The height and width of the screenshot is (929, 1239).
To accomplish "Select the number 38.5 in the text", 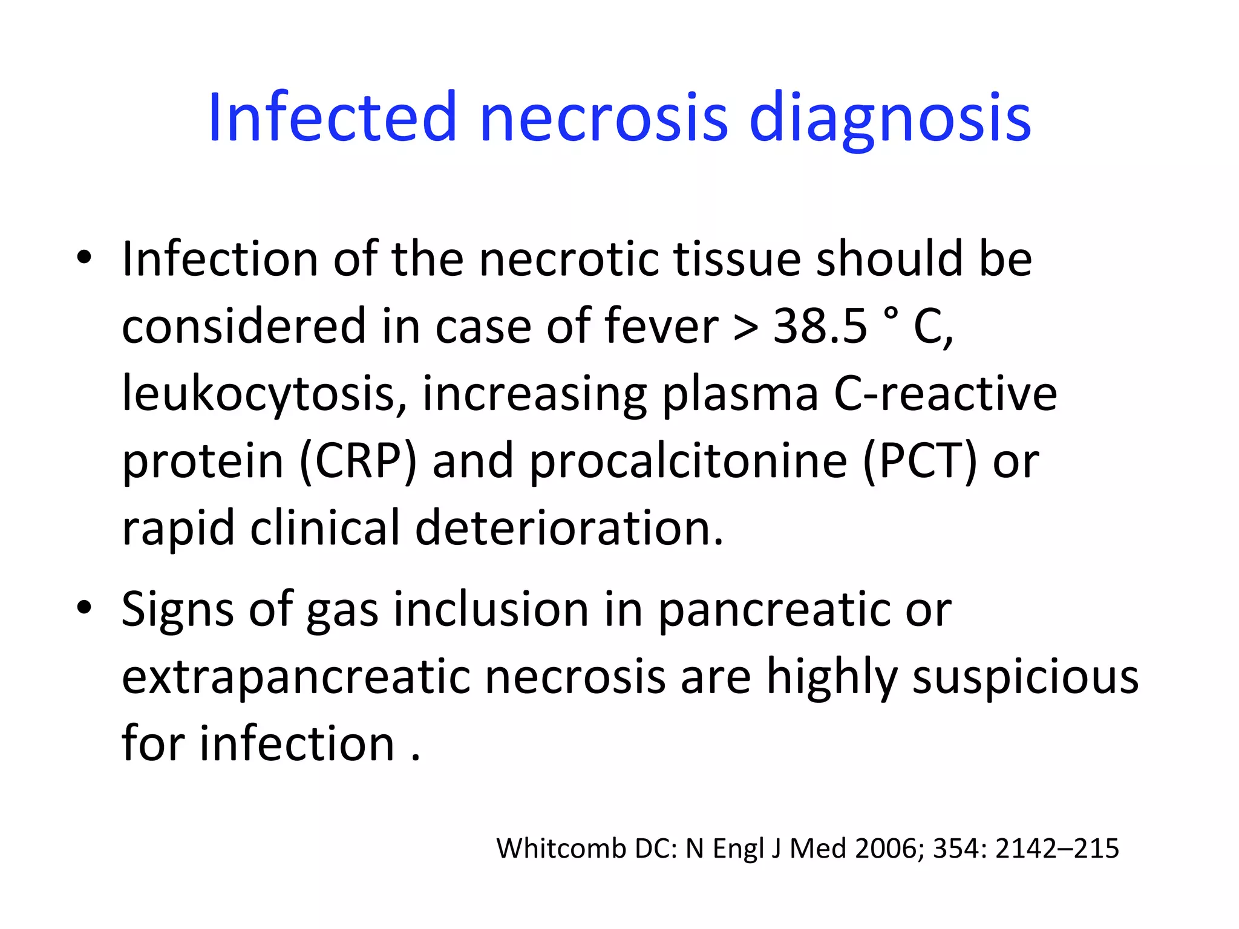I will pos(820,327).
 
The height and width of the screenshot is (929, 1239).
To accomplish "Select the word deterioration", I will pos(569,528).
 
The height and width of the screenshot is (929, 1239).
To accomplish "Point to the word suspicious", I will pos(1025,677).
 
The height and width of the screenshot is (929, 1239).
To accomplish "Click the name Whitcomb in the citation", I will pos(561,849).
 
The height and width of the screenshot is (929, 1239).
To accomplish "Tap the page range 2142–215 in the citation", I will pos(1057,849).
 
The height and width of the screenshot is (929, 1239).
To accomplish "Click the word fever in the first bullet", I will pos(661,327).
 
